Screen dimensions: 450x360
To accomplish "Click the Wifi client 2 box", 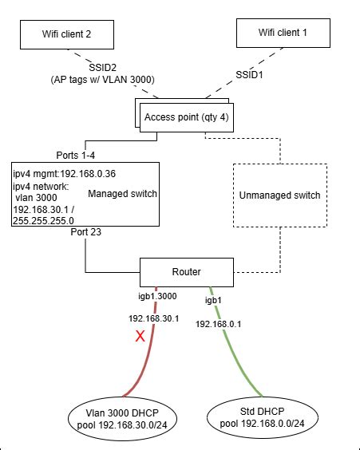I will coord(67,35).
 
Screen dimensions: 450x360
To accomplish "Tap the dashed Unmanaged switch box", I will coord(279,195).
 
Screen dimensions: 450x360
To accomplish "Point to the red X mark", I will coord(140,337).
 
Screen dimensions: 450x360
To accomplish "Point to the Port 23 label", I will coord(85,233).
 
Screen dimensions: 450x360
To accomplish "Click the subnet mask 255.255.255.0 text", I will coord(43,219).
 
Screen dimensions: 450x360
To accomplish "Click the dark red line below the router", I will coord(150,351).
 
